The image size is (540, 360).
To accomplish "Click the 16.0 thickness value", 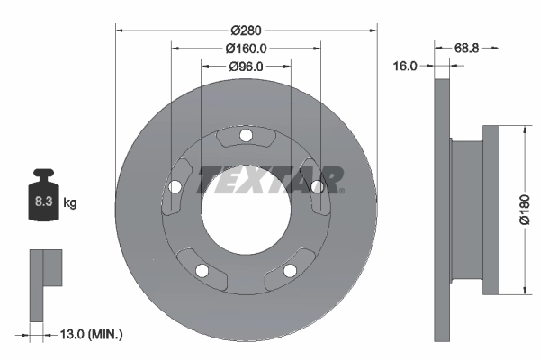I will coord(406,66).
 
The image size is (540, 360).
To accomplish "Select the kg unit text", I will coord(70,203).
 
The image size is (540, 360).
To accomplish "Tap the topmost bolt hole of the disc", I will coord(246,136).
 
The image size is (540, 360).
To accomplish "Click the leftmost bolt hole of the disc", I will coord(175,187).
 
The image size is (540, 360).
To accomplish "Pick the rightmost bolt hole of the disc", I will coord(317,187).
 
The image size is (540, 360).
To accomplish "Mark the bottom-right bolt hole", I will coord(290,270).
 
